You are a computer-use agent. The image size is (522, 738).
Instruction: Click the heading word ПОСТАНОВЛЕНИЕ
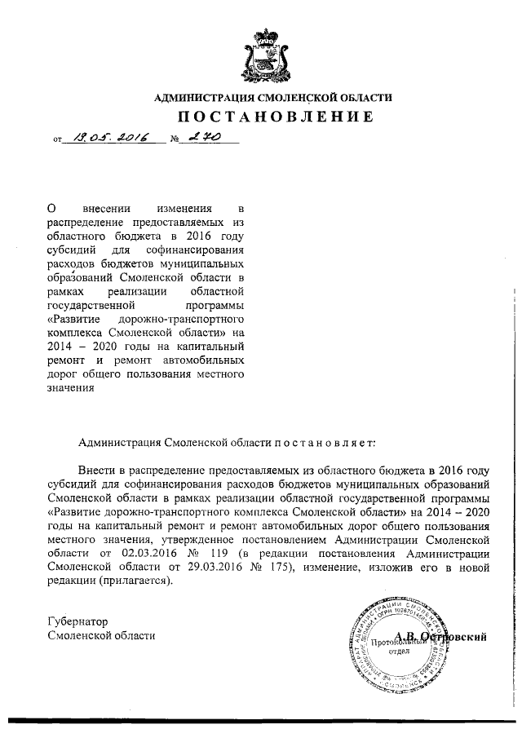273,117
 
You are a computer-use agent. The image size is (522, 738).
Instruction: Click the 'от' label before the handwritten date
57,142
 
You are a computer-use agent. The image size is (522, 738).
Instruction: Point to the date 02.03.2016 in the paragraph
132,554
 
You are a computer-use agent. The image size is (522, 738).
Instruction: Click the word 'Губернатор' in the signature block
78,622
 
